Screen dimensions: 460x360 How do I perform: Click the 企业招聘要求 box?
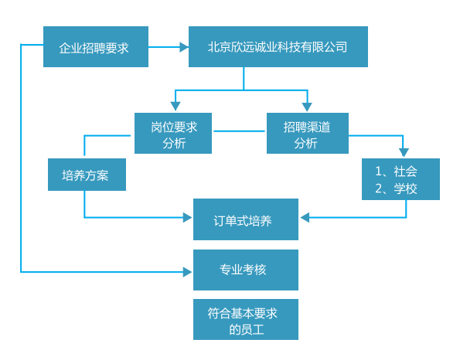pyautogui.click(x=96, y=46)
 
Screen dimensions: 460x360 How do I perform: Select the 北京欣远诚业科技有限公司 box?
pyautogui.click(x=278, y=46)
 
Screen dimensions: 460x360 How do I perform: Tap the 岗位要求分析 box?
pyautogui.click(x=173, y=133)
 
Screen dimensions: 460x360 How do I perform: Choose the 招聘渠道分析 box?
pyautogui.click(x=308, y=133)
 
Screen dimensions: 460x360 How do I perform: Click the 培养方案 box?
pyautogui.click(x=87, y=175)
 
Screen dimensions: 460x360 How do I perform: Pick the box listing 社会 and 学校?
pyautogui.click(x=400, y=179)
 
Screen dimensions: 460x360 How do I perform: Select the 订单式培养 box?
pyautogui.click(x=246, y=219)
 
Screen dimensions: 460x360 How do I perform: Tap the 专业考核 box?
pyautogui.click(x=246, y=270)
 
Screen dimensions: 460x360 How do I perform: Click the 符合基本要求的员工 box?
pyautogui.click(x=246, y=320)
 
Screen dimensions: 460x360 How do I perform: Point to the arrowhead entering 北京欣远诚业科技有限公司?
pyautogui.click(x=184, y=47)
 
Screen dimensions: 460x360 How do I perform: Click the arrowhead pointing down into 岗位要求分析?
pyautogui.click(x=175, y=107)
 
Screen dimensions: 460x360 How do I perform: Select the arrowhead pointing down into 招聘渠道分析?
pyautogui.click(x=307, y=107)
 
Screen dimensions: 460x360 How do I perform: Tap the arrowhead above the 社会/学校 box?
pyautogui.click(x=404, y=152)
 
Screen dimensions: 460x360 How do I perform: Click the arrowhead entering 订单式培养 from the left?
pyautogui.click(x=187, y=218)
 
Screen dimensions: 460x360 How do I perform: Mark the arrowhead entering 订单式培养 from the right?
pyautogui.click(x=305, y=218)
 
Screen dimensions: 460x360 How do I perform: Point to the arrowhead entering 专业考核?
pyautogui.click(x=187, y=272)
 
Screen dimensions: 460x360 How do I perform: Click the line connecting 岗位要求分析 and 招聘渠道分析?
pyautogui.click(x=239, y=131)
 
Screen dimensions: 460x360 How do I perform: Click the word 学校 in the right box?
pyautogui.click(x=405, y=188)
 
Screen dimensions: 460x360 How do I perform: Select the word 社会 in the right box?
pyautogui.click(x=405, y=172)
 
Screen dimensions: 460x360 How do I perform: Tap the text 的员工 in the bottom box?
pyautogui.click(x=247, y=330)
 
